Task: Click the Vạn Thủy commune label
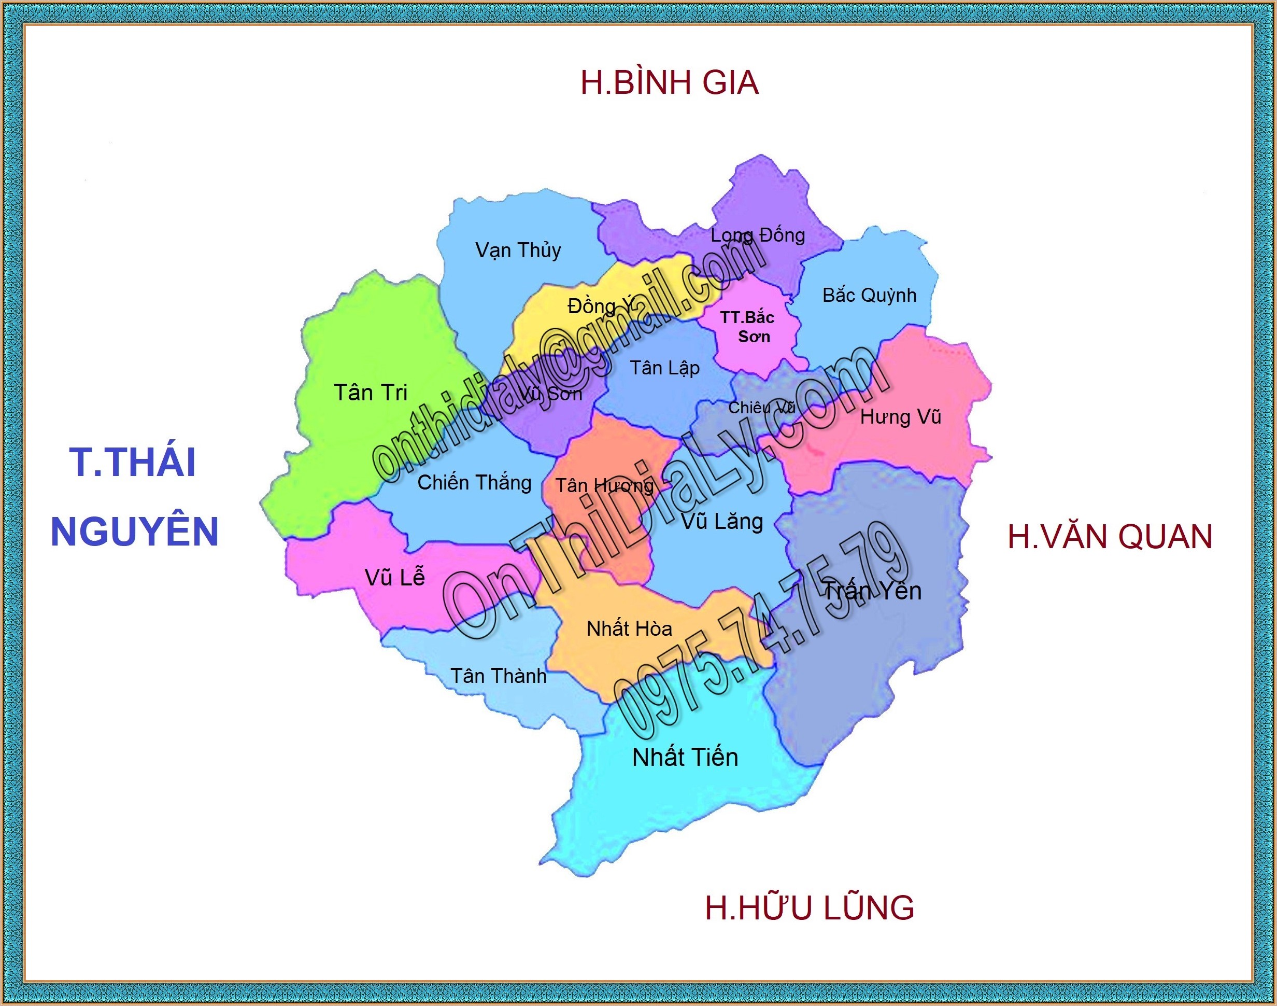pos(518,250)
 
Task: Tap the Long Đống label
pos(758,235)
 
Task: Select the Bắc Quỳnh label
pos(869,295)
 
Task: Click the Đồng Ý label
pos(601,305)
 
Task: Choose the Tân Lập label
pos(665,368)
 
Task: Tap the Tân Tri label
pos(371,392)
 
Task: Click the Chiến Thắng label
pos(475,483)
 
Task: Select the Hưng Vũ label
pos(900,417)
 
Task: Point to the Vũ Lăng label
pos(722,522)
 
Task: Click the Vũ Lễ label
pos(394,577)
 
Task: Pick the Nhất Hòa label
pos(629,628)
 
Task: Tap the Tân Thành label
pos(498,676)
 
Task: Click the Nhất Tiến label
pos(685,758)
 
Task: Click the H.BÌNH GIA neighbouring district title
pos(670,83)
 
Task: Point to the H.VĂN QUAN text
pos(1110,537)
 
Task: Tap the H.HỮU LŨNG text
pos(810,907)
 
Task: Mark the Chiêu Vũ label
pos(762,408)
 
